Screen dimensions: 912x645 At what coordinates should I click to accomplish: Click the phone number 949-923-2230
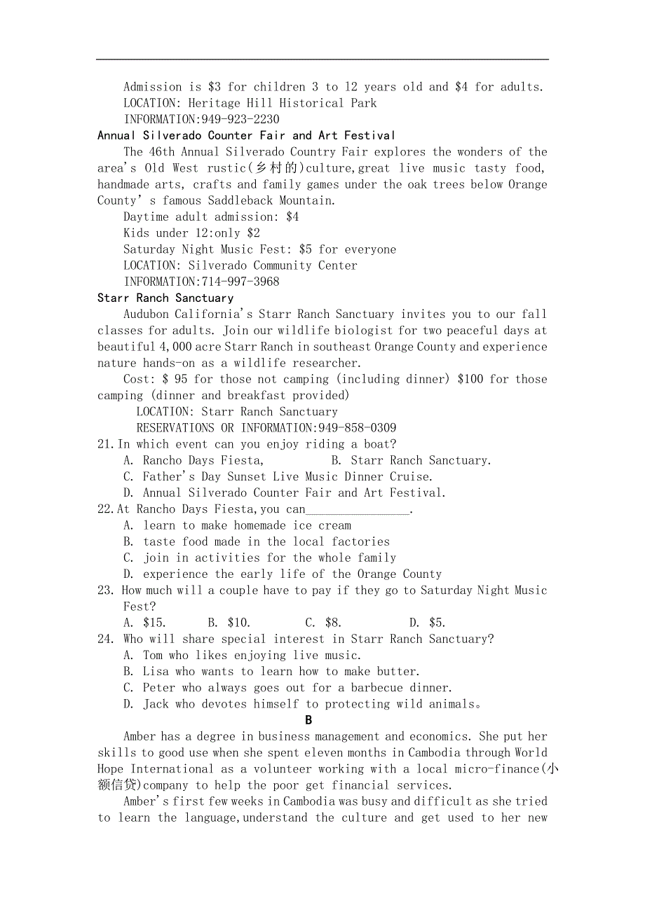240,119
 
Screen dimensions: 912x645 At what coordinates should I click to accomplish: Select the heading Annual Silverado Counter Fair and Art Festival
246,135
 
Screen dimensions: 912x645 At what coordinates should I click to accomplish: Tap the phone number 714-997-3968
240,282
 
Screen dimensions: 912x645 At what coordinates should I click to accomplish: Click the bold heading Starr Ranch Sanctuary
165,298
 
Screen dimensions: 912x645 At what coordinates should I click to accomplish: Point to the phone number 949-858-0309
357,428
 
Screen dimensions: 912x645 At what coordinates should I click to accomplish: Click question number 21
105,444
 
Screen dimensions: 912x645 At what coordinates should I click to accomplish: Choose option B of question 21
411,460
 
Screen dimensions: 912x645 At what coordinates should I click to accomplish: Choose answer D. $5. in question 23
427,623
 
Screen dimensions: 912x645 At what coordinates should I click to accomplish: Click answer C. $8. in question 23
323,623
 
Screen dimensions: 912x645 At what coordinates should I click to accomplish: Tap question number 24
106,639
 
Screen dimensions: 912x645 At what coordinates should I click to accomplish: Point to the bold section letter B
308,720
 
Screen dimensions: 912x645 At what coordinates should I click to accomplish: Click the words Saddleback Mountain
271,200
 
